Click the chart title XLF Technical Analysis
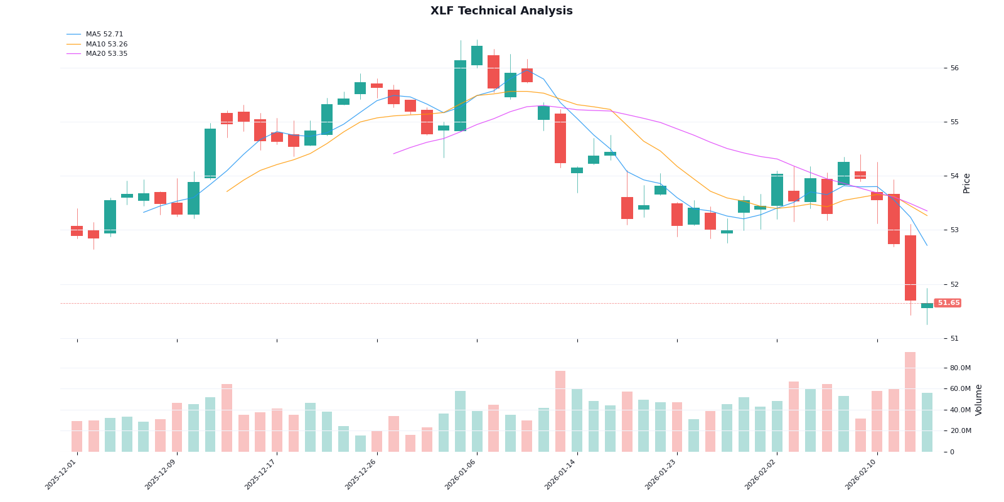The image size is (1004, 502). point(501,11)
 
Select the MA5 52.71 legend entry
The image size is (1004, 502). point(104,35)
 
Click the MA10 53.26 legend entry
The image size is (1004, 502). point(106,45)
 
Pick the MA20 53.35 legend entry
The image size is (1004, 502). point(106,54)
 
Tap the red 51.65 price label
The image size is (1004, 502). point(948,303)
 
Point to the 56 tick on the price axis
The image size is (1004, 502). point(954,68)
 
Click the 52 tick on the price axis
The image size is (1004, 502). point(954,284)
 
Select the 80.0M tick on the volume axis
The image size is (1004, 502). point(960,368)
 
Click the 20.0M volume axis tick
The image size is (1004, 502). point(960,431)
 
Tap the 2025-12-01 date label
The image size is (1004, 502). point(61,475)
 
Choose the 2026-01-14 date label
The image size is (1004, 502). point(560,475)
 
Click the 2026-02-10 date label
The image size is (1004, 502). point(861,475)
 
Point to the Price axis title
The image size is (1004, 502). point(967,183)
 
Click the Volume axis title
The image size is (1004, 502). point(979,400)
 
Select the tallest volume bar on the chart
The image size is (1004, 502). point(910,402)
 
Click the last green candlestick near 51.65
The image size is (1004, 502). point(927,306)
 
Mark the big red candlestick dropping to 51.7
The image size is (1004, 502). point(910,268)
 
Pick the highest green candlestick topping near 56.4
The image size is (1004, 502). point(477,55)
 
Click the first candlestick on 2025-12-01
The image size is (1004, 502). point(77,231)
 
